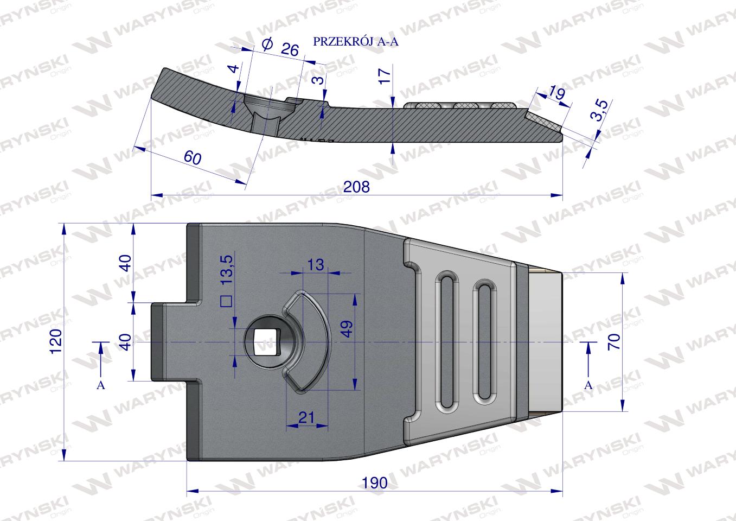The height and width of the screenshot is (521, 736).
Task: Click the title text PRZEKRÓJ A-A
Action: coord(355,42)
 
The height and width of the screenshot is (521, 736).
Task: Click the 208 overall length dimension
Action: coord(356,187)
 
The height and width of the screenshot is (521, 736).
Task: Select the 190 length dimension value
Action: coord(375,483)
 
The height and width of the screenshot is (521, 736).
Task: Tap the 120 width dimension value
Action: coord(56,341)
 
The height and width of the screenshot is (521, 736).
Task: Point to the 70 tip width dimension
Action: coord(614,341)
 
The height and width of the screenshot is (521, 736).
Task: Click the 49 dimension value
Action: coord(347,329)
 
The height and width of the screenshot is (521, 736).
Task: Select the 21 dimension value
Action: coord(306,418)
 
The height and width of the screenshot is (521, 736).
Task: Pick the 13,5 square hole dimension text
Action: coord(227,270)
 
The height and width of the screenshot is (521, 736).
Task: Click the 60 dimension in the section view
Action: coord(193,157)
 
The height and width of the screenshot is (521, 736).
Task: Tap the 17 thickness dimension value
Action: coord(385,77)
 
